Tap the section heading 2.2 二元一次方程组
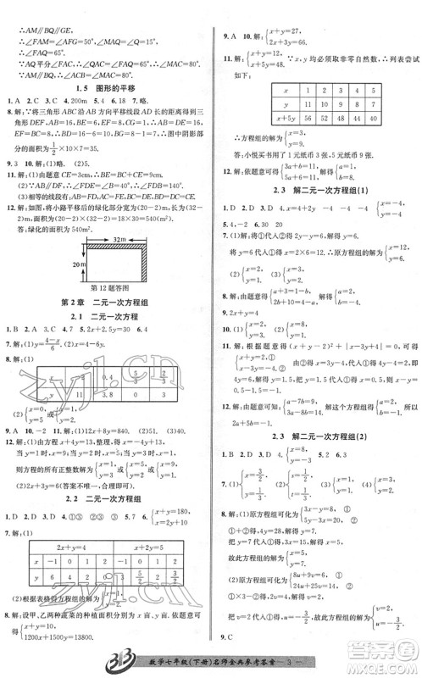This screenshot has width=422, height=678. tap(105, 500)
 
